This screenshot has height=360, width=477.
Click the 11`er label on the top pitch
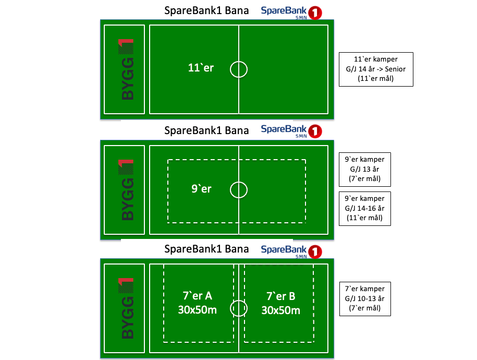click(x=201, y=68)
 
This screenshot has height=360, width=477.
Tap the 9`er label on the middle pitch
click(x=201, y=189)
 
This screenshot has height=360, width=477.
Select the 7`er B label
click(x=280, y=296)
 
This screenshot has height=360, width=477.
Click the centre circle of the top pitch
click(x=239, y=69)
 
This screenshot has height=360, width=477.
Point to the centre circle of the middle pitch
click(x=239, y=189)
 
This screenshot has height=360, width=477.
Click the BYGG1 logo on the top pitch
click(x=125, y=69)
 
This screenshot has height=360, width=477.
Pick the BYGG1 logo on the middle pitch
click(x=125, y=189)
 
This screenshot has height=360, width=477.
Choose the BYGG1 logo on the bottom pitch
click(x=125, y=308)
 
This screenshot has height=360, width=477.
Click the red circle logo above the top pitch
click(x=315, y=13)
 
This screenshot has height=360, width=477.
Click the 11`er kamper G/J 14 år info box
click(x=375, y=69)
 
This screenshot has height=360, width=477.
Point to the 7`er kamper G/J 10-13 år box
click(x=364, y=298)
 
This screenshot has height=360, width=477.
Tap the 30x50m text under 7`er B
click(x=280, y=310)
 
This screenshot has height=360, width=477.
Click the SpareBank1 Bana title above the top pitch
click(x=206, y=11)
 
